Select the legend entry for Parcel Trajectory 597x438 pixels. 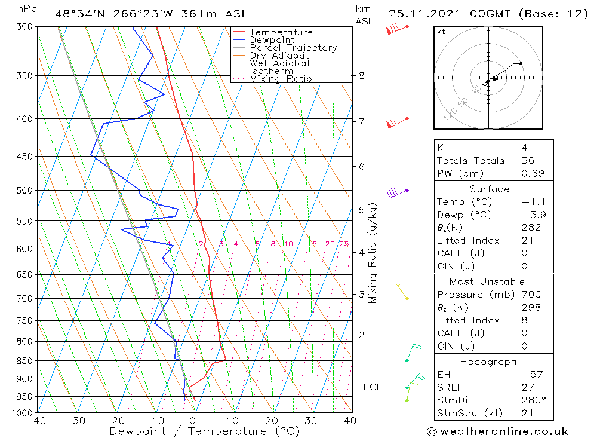[x=293, y=48]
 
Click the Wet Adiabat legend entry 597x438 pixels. [x=280, y=63]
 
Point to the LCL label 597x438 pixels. [x=372, y=387]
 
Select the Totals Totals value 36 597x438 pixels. [x=527, y=161]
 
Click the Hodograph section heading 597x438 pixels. [x=489, y=362]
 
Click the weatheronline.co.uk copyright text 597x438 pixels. [x=497, y=431]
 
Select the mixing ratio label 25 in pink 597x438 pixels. [x=344, y=244]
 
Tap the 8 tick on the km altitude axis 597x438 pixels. [x=361, y=76]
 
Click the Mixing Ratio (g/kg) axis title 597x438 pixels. [x=373, y=253]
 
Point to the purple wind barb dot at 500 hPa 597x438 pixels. [x=407, y=191]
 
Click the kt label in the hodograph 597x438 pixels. [x=441, y=32]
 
